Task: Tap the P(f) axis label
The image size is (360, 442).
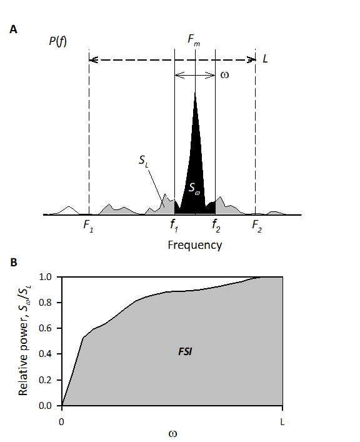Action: click(58, 42)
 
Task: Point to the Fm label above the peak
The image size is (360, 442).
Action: click(195, 40)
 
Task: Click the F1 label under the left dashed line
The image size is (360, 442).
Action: click(89, 226)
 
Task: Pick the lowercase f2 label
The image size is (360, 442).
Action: click(215, 226)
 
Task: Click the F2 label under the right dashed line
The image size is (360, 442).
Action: click(257, 226)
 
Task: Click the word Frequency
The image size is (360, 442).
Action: click(194, 244)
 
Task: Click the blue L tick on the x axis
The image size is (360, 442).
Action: click(282, 423)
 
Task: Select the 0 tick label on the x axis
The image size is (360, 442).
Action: click(62, 423)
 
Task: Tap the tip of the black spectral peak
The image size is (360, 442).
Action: click(196, 93)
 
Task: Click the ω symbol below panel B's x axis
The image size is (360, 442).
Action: click(172, 433)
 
